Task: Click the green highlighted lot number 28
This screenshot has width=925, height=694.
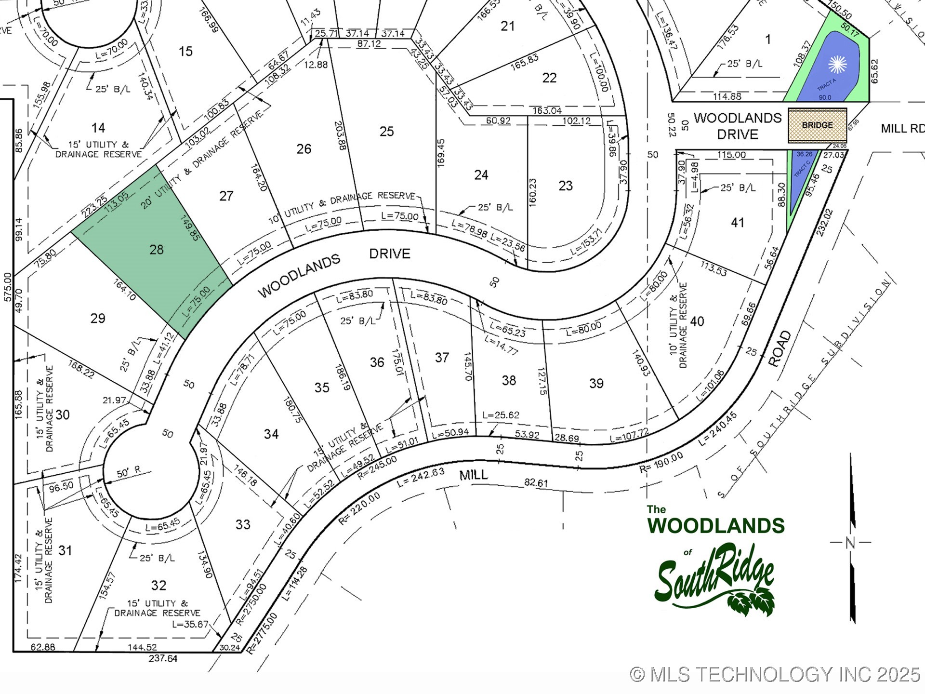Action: click(157, 250)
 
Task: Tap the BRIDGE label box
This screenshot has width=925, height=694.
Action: click(817, 125)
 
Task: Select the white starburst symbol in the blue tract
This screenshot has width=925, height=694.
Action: click(837, 65)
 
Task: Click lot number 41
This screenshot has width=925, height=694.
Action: click(737, 223)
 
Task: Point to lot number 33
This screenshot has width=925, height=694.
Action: click(243, 524)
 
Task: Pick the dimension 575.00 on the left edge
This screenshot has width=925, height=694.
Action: click(8, 287)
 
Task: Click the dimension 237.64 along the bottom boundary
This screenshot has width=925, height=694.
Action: click(163, 658)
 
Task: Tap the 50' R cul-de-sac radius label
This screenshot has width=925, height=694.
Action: click(129, 472)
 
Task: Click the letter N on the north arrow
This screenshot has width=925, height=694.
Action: click(850, 543)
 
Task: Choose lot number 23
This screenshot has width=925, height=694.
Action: click(566, 186)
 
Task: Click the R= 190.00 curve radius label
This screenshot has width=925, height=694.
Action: click(661, 463)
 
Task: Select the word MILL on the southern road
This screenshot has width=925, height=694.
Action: click(474, 475)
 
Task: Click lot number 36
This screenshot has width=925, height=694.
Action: click(377, 362)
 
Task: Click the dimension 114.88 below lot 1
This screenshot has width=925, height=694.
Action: click(727, 97)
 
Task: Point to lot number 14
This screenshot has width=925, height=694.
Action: click(98, 128)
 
